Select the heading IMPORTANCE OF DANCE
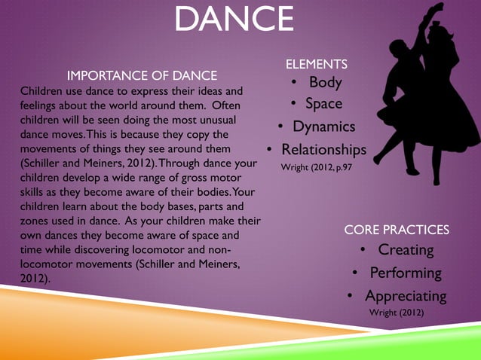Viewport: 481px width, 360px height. point(142,75)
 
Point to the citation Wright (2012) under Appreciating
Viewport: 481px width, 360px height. point(397,313)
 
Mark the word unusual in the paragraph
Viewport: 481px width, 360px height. point(216,120)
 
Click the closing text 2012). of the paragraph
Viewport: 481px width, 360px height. point(35,278)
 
